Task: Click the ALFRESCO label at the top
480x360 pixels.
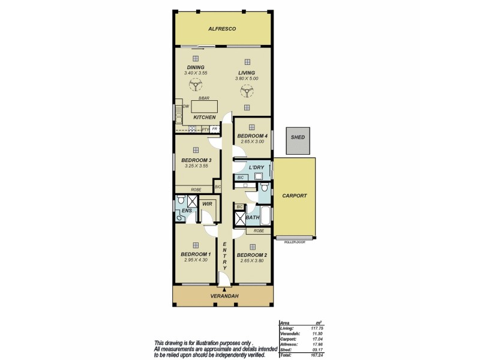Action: tap(222, 29)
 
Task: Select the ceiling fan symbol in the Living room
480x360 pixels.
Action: tap(245, 91)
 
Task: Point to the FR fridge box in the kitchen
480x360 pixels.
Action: tap(214, 128)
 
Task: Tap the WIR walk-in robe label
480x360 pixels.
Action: tap(207, 204)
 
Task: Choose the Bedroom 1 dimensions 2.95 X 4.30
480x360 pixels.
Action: tap(196, 260)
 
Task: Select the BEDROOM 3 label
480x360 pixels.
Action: tap(196, 160)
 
